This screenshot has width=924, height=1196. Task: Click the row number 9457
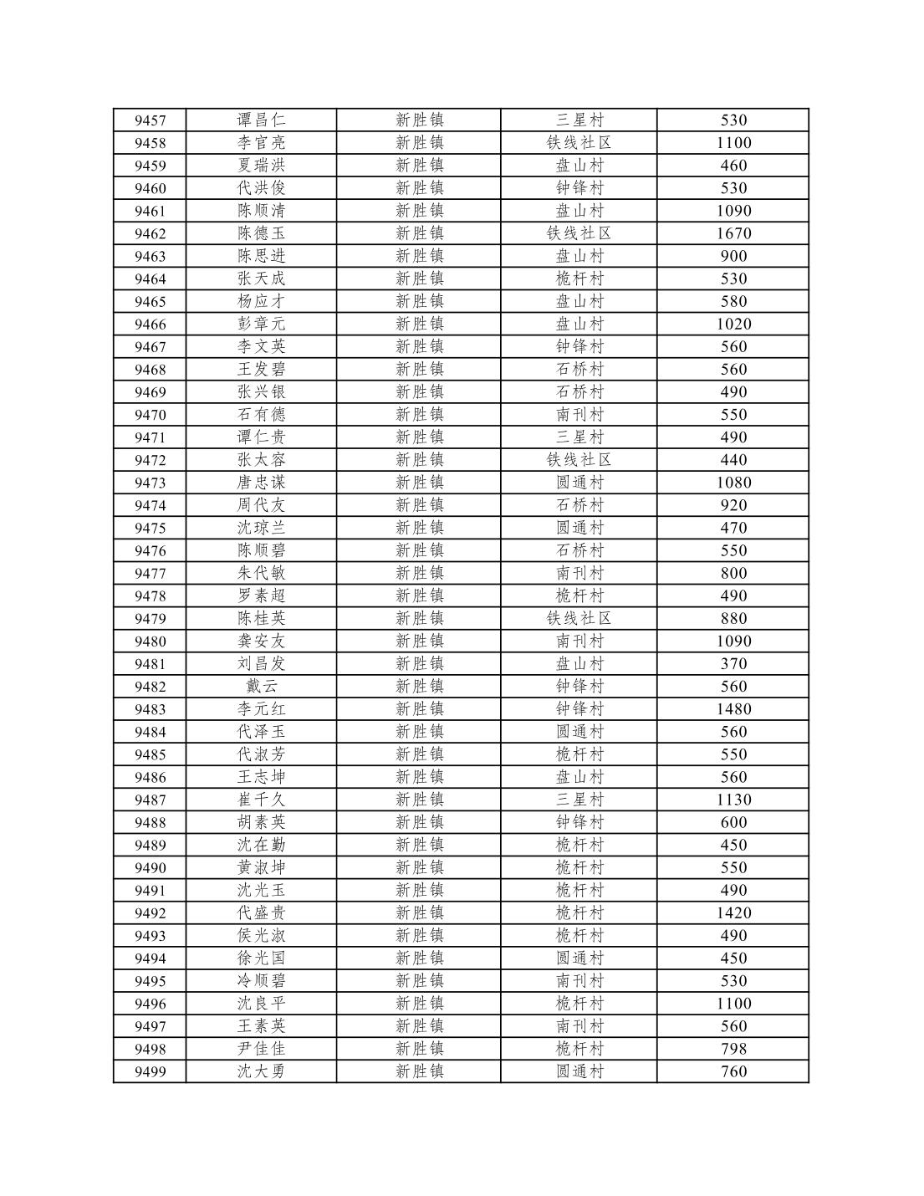(150, 120)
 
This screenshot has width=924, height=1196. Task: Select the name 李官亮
(261, 143)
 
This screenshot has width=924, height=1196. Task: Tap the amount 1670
(733, 233)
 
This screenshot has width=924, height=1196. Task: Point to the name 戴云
(261, 687)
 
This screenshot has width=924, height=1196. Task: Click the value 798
(733, 1049)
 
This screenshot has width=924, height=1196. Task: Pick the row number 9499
(150, 1072)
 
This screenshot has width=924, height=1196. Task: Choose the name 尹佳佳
(261, 1049)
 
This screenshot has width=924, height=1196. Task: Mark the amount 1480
(733, 709)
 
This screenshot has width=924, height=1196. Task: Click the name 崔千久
(261, 800)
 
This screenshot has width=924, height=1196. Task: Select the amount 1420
(733, 913)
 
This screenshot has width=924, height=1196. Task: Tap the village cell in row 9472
(579, 460)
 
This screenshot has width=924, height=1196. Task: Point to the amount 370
(733, 664)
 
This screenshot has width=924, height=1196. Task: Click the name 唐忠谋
(261, 483)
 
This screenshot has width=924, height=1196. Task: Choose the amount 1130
(733, 800)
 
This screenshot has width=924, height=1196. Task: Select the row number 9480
(150, 641)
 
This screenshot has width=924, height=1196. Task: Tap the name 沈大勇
(261, 1071)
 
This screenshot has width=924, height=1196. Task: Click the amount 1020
(733, 325)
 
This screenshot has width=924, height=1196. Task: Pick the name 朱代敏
(261, 574)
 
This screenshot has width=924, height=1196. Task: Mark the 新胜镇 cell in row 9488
(419, 822)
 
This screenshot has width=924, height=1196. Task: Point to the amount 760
(733, 1071)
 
